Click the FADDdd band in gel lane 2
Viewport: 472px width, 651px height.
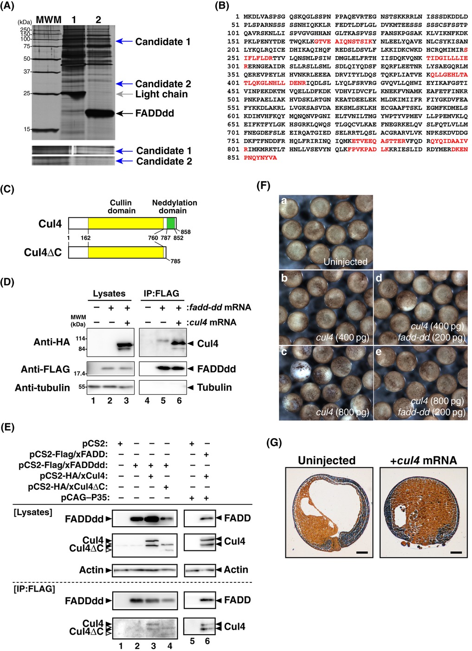click(99, 113)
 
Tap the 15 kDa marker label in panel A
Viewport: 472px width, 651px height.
click(27, 129)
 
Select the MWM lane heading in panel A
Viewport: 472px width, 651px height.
click(49, 20)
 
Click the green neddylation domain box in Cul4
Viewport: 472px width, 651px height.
click(171, 223)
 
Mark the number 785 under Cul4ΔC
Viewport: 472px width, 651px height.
click(175, 261)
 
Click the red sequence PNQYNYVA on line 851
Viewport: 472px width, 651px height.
click(260, 158)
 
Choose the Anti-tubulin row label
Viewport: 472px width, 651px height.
click(42, 388)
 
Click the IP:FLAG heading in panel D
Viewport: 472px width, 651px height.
click(162, 293)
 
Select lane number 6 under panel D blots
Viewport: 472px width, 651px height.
click(179, 401)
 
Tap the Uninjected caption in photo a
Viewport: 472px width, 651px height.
click(345, 262)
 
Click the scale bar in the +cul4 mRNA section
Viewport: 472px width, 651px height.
click(456, 552)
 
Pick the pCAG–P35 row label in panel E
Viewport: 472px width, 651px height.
click(85, 498)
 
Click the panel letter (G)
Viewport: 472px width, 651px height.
click(274, 443)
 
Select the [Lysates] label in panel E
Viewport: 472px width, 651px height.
click(33, 512)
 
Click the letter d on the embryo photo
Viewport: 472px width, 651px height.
click(379, 278)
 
